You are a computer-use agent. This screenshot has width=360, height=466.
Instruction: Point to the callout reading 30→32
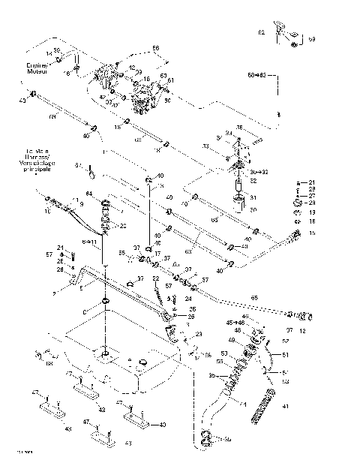tap(256, 172)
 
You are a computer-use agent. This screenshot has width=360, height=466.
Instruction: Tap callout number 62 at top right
tap(262, 32)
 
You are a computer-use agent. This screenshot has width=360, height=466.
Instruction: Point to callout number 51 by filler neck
tap(285, 356)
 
